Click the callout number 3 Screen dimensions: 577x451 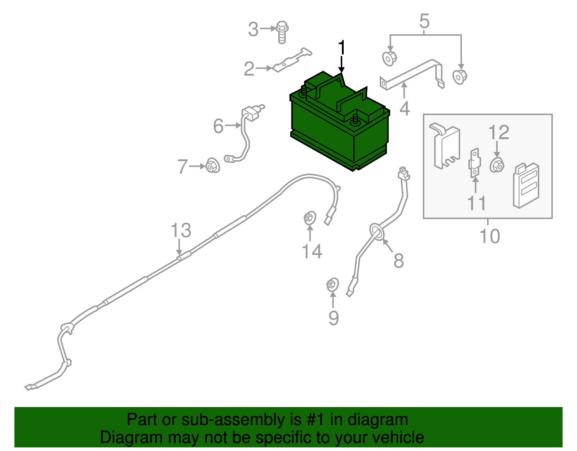pyautogui.click(x=253, y=29)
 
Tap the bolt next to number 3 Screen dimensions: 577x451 pyautogui.click(x=282, y=32)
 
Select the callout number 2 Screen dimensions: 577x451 pyautogui.click(x=249, y=69)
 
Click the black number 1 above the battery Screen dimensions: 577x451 pyautogui.click(x=342, y=48)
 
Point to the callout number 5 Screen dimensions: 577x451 pyautogui.click(x=424, y=21)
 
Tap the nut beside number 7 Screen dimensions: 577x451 pyautogui.click(x=213, y=165)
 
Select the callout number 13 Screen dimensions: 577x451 pyautogui.click(x=181, y=230)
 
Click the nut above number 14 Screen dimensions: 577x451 pyautogui.click(x=310, y=218)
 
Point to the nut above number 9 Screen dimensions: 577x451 pyautogui.click(x=332, y=285)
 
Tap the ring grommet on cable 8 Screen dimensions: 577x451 pyautogui.click(x=377, y=231)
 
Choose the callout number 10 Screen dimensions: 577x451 pyautogui.click(x=490, y=236)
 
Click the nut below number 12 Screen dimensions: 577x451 pyautogui.click(x=497, y=165)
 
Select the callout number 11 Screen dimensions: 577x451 pyautogui.click(x=476, y=203)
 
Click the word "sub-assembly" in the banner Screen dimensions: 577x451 pyautogui.click(x=242, y=419)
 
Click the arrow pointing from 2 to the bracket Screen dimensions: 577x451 pyautogui.click(x=264, y=68)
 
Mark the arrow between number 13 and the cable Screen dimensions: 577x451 pyautogui.click(x=179, y=247)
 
